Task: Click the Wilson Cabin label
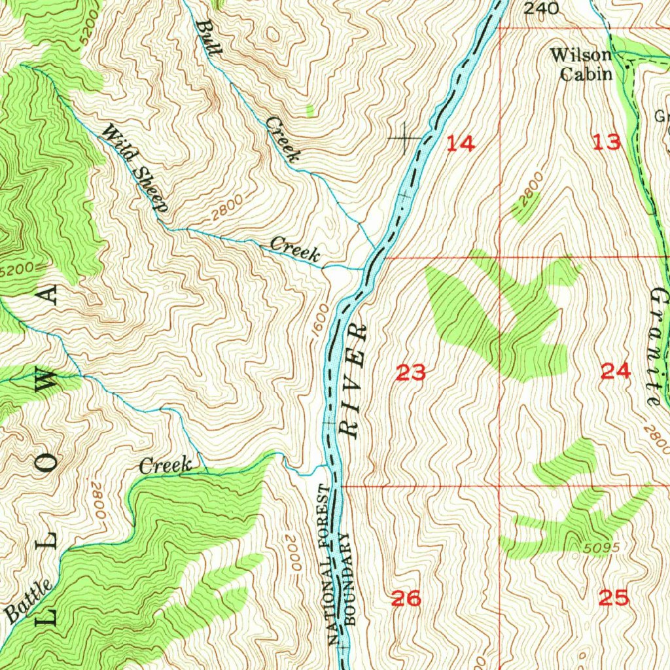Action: click(x=580, y=64)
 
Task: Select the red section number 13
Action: click(x=606, y=142)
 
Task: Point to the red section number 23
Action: click(x=412, y=373)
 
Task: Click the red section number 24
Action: click(x=615, y=372)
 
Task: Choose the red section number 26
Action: click(x=406, y=597)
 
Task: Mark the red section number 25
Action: click(x=613, y=597)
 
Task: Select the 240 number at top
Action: click(x=542, y=9)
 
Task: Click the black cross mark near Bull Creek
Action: click(x=405, y=137)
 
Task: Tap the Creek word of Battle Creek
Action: click(x=166, y=466)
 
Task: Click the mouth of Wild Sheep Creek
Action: click(x=362, y=268)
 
